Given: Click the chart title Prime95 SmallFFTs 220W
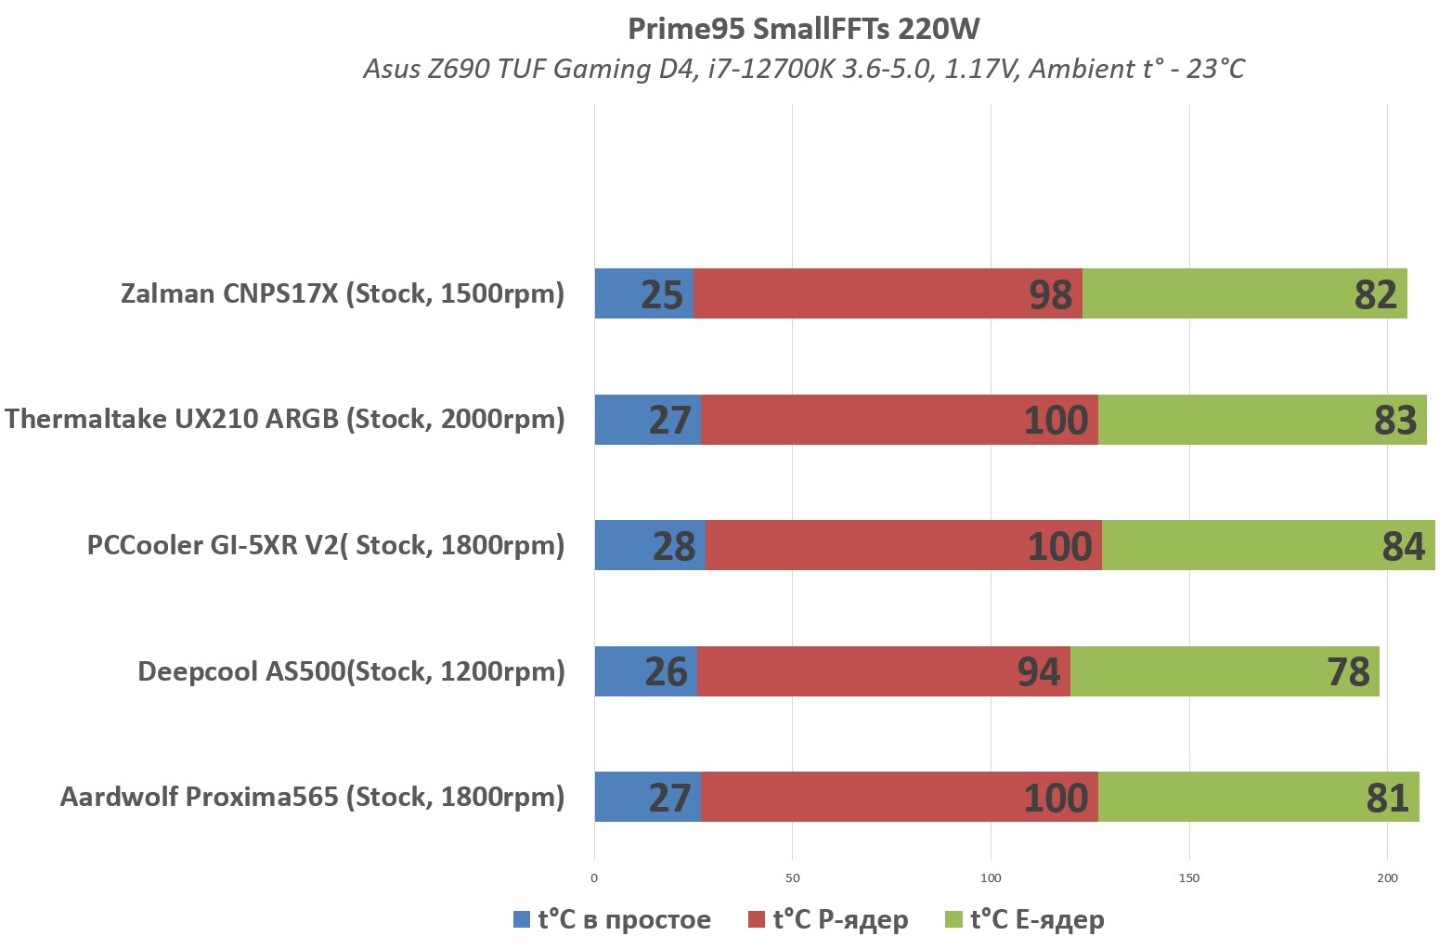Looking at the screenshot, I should (803, 29).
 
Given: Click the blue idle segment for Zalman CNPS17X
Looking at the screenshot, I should (643, 293).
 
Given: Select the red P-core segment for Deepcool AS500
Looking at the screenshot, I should (883, 670).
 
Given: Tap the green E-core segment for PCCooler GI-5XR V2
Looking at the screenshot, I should (1267, 545).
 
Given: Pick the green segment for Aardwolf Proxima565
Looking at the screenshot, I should (1258, 797).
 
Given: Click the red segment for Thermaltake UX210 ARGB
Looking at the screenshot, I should (899, 420).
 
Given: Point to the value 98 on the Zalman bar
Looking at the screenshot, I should (1050, 294).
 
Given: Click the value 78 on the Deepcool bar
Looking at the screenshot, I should (1348, 671).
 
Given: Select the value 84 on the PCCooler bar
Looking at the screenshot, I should (1403, 546).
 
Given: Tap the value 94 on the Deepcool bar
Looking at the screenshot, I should (1038, 671).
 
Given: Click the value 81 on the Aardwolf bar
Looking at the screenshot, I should (1387, 798).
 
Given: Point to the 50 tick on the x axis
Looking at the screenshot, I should (792, 877).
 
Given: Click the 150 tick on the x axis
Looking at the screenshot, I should (1188, 877).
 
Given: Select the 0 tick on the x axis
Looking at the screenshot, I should (594, 877).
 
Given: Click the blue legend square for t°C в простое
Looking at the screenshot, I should (522, 920).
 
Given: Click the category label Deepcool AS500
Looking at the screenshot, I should (351, 670).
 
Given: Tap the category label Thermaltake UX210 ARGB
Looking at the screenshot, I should (284, 419).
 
